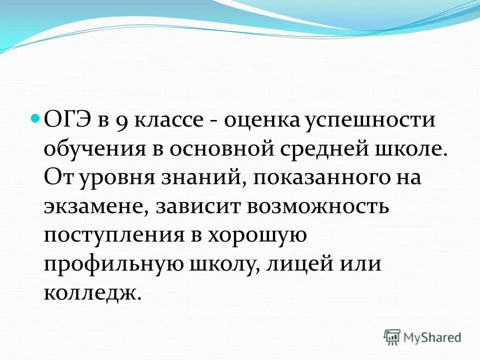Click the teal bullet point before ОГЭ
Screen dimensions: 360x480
(x=35, y=119)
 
